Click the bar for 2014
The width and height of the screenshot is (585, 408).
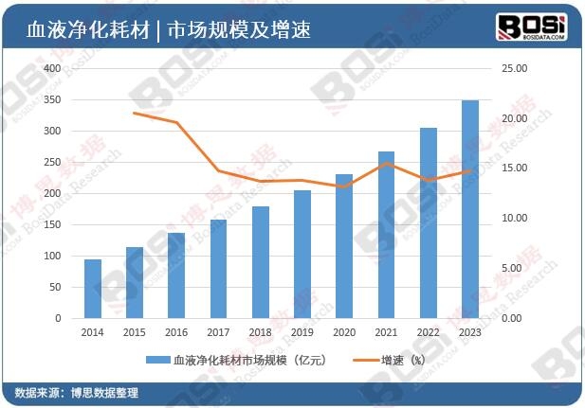(93, 289)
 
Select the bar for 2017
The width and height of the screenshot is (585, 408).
(218, 269)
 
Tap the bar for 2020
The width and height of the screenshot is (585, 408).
(344, 246)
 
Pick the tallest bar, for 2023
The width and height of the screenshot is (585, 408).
(469, 209)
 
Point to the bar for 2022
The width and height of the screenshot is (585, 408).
(429, 223)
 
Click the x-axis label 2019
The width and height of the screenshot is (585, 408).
(302, 332)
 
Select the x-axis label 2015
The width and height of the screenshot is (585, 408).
(135, 332)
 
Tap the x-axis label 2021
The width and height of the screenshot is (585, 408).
(386, 332)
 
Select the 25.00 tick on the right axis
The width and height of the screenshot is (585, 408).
(513, 69)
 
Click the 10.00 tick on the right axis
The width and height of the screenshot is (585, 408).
(513, 219)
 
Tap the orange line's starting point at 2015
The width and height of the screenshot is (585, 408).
(135, 113)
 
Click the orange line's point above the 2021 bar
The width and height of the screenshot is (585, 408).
(386, 164)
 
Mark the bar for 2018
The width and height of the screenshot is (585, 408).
(261, 262)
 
